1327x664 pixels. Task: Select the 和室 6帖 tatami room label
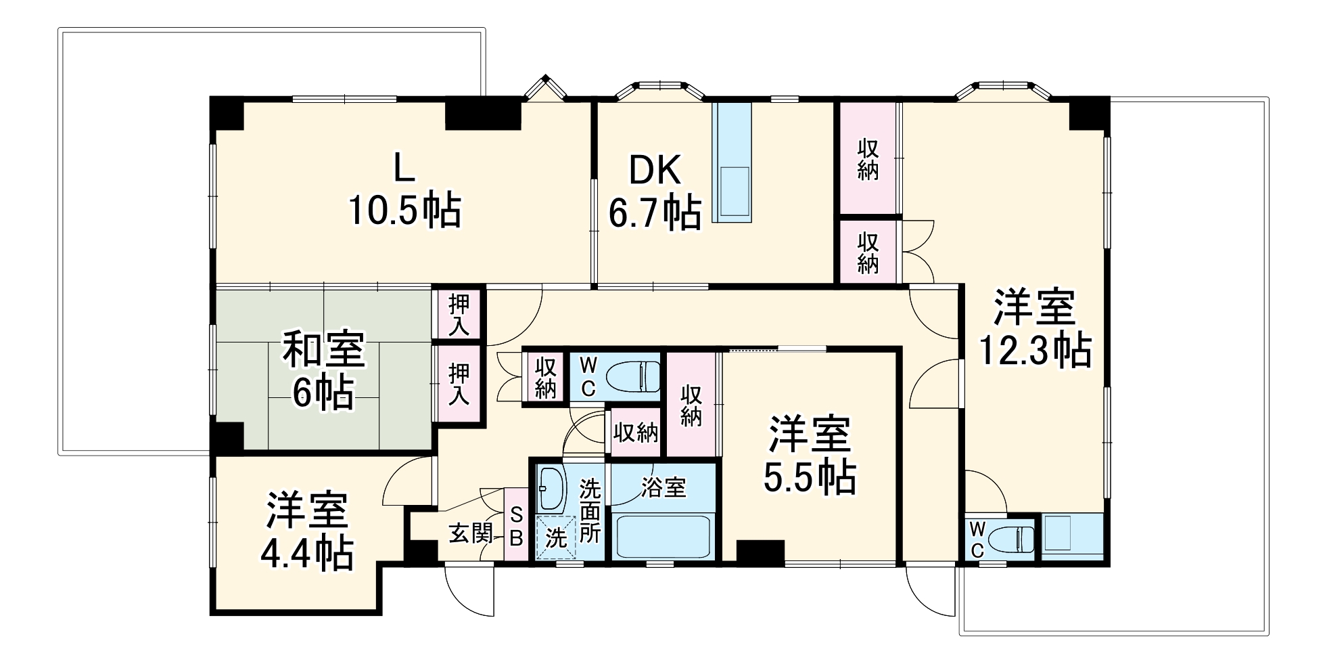click(x=323, y=370)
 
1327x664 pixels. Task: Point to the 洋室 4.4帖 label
click(x=307, y=531)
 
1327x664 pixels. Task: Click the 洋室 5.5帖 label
click(x=810, y=456)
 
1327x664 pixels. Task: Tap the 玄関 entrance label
click(x=471, y=534)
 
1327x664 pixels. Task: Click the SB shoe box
click(x=516, y=527)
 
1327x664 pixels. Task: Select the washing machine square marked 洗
click(x=555, y=538)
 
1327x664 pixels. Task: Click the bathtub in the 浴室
click(x=663, y=536)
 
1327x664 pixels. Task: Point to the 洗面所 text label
click(x=590, y=511)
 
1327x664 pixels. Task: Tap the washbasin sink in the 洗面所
click(x=551, y=489)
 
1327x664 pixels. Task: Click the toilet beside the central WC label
click(x=632, y=376)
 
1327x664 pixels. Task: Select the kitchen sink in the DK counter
click(x=733, y=191)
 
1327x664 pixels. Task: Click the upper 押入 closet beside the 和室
click(x=459, y=314)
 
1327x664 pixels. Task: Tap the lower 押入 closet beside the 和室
click(x=459, y=384)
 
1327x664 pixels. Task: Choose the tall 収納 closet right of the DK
click(x=868, y=160)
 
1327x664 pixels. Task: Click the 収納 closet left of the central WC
click(x=545, y=378)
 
